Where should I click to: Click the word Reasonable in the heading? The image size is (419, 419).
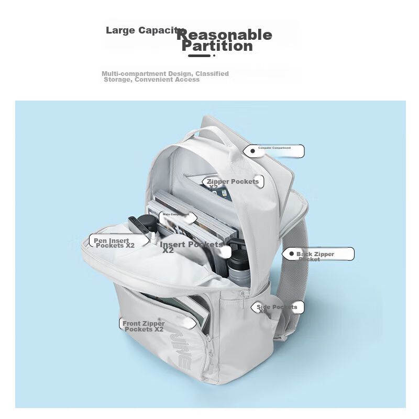(224, 35)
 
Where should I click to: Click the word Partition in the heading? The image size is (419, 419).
(217, 46)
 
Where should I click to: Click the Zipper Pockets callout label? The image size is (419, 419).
(233, 182)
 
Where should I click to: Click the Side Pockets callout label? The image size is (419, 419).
(277, 307)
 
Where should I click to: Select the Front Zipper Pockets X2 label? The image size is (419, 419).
(144, 326)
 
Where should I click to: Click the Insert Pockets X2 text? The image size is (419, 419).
(191, 247)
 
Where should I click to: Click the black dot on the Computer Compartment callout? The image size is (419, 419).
(252, 151)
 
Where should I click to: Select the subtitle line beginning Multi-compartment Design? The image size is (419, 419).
(165, 76)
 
